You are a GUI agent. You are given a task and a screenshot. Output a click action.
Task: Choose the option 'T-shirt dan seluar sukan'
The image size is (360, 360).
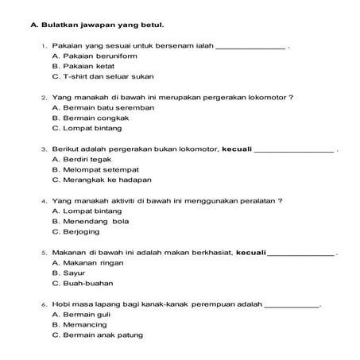click(x=103, y=77)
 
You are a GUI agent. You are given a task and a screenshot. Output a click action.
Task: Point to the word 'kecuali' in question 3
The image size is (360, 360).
click(x=236, y=149)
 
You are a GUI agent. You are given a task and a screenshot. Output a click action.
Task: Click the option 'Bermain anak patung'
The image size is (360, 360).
click(x=97, y=335)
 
